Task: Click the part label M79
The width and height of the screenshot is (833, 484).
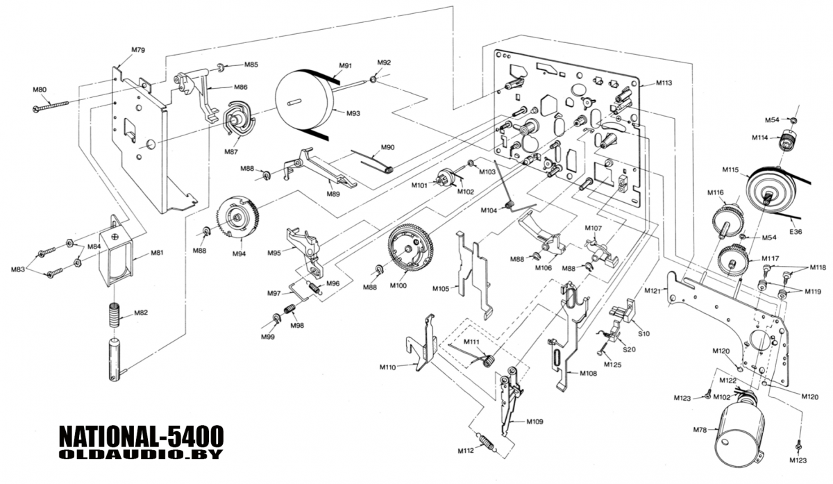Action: [x=137, y=50]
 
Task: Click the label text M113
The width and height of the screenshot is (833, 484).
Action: [x=664, y=83]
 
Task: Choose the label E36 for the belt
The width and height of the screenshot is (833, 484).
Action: [x=796, y=231]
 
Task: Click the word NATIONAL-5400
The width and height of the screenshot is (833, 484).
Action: [x=141, y=437]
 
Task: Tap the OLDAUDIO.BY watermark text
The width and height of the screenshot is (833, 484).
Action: [x=141, y=455]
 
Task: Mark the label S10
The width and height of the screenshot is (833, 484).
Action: [x=643, y=334]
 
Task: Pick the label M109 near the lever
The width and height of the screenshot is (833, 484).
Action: [x=535, y=422]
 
